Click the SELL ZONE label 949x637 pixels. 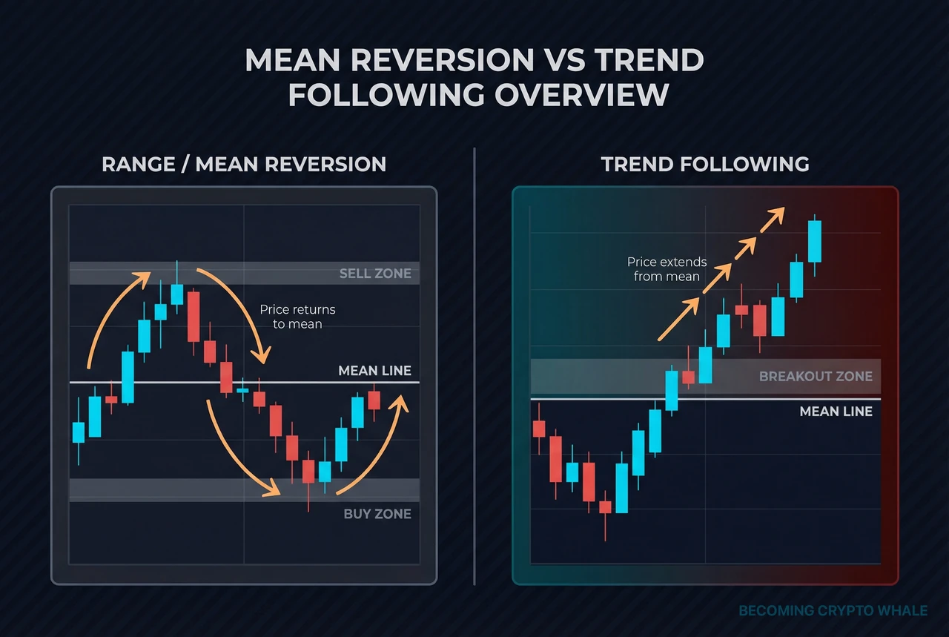[x=374, y=274]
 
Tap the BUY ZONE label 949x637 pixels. [x=377, y=513]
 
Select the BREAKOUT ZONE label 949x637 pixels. [x=816, y=377]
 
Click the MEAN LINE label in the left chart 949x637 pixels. [x=374, y=371]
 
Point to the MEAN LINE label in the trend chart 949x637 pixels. [x=836, y=411]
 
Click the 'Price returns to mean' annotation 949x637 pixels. [x=297, y=317]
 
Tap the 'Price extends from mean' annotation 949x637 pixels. [x=667, y=269]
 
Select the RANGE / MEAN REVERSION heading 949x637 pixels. [x=244, y=164]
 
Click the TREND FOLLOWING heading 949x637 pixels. [x=705, y=164]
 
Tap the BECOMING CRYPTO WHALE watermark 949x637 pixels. [x=833, y=610]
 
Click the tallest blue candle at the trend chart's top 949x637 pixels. [x=814, y=241]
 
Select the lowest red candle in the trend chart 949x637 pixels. [x=605, y=507]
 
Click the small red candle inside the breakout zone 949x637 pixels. [x=688, y=377]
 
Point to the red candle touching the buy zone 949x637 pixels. [x=308, y=472]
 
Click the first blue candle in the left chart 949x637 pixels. [x=78, y=432]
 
